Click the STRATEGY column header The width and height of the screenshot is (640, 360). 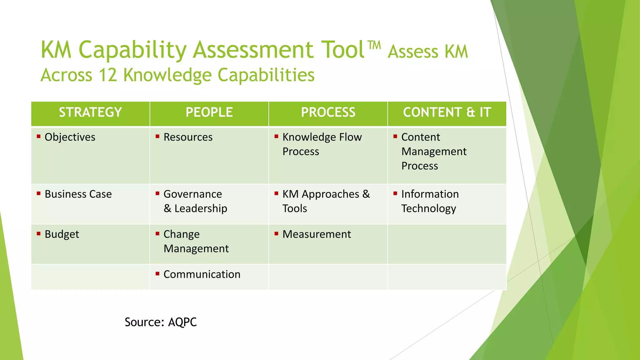(x=90, y=112)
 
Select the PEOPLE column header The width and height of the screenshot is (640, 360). (x=209, y=112)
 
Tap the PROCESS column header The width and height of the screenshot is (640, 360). (x=328, y=112)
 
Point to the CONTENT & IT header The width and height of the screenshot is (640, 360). (x=447, y=112)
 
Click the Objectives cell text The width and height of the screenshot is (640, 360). (x=70, y=137)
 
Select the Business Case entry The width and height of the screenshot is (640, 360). (x=78, y=194)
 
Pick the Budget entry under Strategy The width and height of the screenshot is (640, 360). (x=62, y=234)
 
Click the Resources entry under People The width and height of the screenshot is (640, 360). (x=188, y=137)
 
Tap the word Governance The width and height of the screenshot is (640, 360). (x=193, y=194)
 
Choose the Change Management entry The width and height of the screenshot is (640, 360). (x=196, y=241)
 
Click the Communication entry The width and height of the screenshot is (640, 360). (x=202, y=274)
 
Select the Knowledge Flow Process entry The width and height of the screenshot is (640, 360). (x=322, y=144)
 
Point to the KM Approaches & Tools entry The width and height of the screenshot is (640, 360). (x=326, y=201)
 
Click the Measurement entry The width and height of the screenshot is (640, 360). (x=317, y=234)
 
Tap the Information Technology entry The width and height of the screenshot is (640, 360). (x=430, y=201)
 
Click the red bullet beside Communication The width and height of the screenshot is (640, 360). (x=157, y=273)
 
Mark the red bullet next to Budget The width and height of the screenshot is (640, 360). (x=39, y=233)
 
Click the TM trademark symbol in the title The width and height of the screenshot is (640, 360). (x=374, y=45)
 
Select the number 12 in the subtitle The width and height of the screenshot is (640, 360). (x=107, y=75)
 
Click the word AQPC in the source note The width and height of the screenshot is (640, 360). (x=182, y=322)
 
